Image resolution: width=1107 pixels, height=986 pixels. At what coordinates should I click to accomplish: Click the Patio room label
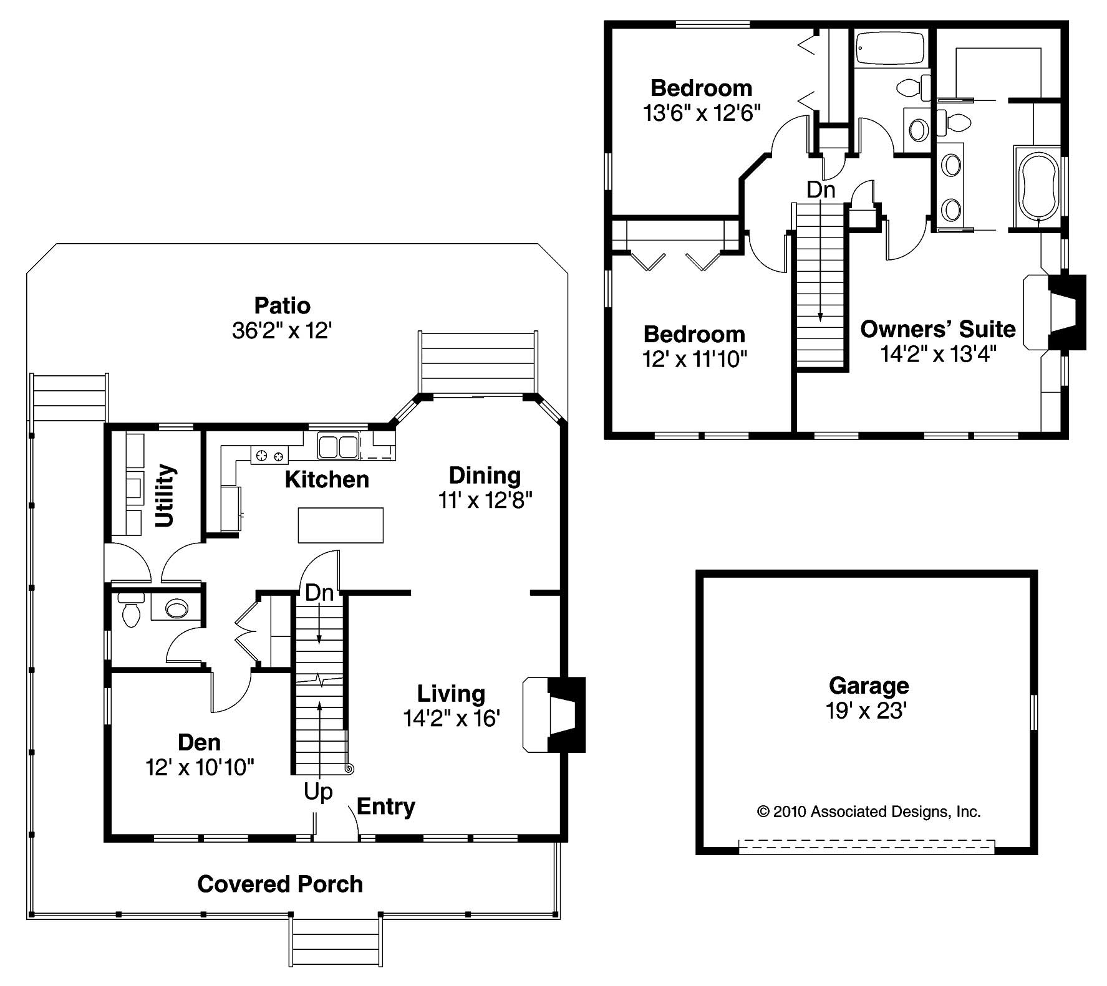pyautogui.click(x=282, y=305)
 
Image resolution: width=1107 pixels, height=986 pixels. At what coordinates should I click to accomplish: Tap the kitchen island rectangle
pyautogui.click(x=341, y=525)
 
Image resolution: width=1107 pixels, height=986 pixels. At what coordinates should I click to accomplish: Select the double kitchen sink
pyautogui.click(x=338, y=447)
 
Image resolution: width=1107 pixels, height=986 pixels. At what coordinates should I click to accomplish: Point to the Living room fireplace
pyautogui.click(x=554, y=715)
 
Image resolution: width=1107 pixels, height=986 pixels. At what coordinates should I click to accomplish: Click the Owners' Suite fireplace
pyautogui.click(x=1055, y=312)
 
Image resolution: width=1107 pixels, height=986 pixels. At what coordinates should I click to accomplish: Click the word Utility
pyautogui.click(x=165, y=495)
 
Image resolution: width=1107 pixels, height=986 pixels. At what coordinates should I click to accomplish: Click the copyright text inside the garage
pyautogui.click(x=869, y=811)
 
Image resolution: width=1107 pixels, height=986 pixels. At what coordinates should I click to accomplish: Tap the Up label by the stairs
pyautogui.click(x=318, y=792)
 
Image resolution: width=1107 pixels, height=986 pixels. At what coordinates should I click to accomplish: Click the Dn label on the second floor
pyautogui.click(x=820, y=189)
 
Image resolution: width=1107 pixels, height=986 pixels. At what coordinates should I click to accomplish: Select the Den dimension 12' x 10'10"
pyautogui.click(x=200, y=767)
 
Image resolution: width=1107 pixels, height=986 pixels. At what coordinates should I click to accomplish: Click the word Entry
pyautogui.click(x=385, y=807)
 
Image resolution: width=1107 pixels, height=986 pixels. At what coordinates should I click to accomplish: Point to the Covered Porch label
pyautogui.click(x=280, y=884)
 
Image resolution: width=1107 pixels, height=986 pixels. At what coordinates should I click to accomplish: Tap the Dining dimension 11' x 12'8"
pyautogui.click(x=485, y=500)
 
